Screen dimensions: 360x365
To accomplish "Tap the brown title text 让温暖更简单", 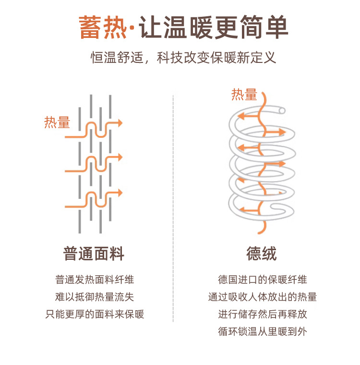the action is (x=214, y=28).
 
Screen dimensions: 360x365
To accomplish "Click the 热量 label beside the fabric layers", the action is (x=57, y=123).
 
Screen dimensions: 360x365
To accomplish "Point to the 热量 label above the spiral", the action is (x=244, y=95).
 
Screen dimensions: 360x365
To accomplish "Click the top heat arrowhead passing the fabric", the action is (x=120, y=123).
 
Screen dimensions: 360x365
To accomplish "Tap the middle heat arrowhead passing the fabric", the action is (x=120, y=158).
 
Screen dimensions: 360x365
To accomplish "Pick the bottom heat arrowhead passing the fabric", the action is (x=120, y=193).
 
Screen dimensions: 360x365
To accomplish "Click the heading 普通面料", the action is (x=94, y=253).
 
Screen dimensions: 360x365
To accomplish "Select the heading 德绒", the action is (x=262, y=253).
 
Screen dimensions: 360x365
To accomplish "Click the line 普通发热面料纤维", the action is (x=95, y=280).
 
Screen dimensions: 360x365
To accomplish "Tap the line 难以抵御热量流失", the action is (x=95, y=297).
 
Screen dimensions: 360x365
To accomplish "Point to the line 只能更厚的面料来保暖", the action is (x=95, y=315).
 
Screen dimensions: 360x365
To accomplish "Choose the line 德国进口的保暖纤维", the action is (x=262, y=280).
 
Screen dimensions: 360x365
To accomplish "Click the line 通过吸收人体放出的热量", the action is (x=262, y=297).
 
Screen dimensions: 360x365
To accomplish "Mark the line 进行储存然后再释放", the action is (x=262, y=315).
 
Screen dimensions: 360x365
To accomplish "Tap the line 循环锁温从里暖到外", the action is (x=262, y=332).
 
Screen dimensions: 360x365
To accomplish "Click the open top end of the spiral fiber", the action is (x=282, y=111).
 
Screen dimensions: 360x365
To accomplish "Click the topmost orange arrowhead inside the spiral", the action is (x=242, y=116).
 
